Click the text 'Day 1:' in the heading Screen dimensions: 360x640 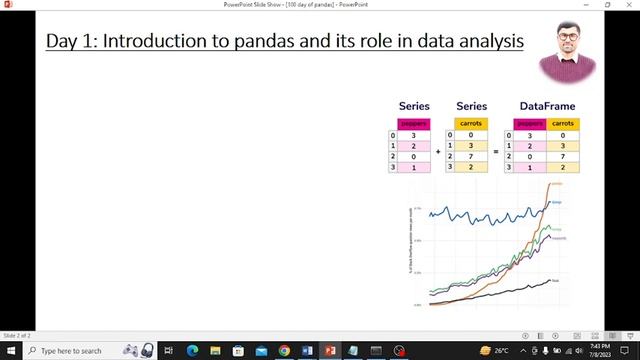pos(75,41)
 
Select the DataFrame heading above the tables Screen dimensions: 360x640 pos(547,106)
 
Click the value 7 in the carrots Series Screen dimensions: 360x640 pos(470,156)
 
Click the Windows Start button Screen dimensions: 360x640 pos(10,351)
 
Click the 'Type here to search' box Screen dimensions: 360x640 pos(70,351)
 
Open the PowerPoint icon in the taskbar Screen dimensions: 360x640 pos(331,351)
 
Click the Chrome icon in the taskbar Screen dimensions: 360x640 pos(285,351)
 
